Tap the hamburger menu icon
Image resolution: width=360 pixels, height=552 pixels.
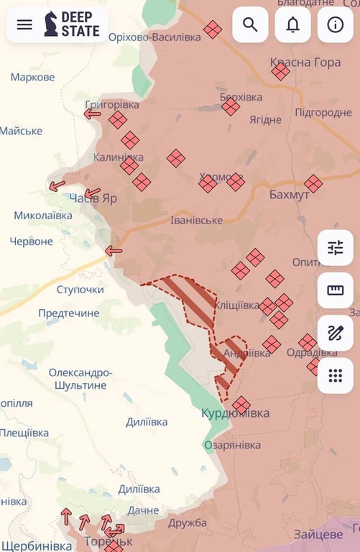pos(24,24)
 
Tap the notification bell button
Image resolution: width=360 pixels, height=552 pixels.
pos(292,24)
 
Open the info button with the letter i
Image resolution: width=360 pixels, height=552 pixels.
pos(335,24)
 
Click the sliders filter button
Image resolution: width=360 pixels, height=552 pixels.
pos(335,248)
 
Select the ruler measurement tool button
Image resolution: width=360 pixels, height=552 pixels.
pos(335,290)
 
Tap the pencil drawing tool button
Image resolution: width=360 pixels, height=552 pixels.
pos(335,333)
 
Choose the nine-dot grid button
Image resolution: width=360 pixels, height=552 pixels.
pos(335,375)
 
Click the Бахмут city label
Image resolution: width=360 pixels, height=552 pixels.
pos(289,195)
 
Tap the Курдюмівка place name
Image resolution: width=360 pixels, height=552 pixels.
pos(236,413)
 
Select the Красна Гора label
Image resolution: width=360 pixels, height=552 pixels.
pos(305,63)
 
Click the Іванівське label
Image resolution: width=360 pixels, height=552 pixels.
pos(196,220)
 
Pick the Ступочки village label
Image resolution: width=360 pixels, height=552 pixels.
pos(80,290)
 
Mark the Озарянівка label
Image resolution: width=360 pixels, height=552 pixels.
pos(232,445)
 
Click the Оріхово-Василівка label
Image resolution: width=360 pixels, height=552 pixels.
pos(154,37)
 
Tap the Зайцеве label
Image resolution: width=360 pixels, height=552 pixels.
pos(318,534)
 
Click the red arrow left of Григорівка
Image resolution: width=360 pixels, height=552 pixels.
pos(92,114)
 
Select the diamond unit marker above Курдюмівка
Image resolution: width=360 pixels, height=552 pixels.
pos(241,405)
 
